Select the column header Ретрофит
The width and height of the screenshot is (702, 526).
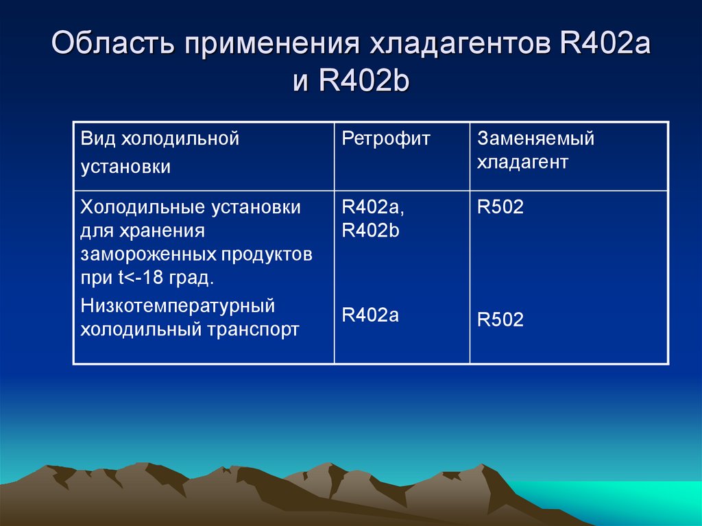(x=386, y=139)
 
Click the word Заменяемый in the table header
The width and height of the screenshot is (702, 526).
(x=535, y=139)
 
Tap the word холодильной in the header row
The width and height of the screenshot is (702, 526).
(x=180, y=139)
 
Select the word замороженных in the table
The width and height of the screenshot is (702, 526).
(x=149, y=255)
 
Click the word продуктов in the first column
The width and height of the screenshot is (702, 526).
(x=267, y=255)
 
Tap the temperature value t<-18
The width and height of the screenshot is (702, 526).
(x=132, y=279)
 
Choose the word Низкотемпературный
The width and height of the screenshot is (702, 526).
(x=178, y=305)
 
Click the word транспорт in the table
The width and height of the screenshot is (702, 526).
(x=253, y=329)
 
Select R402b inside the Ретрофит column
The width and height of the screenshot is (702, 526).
(x=370, y=231)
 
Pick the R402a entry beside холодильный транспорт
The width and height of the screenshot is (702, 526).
(x=370, y=315)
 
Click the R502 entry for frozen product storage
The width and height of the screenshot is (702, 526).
(x=500, y=207)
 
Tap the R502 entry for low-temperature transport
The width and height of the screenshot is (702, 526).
(x=500, y=320)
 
